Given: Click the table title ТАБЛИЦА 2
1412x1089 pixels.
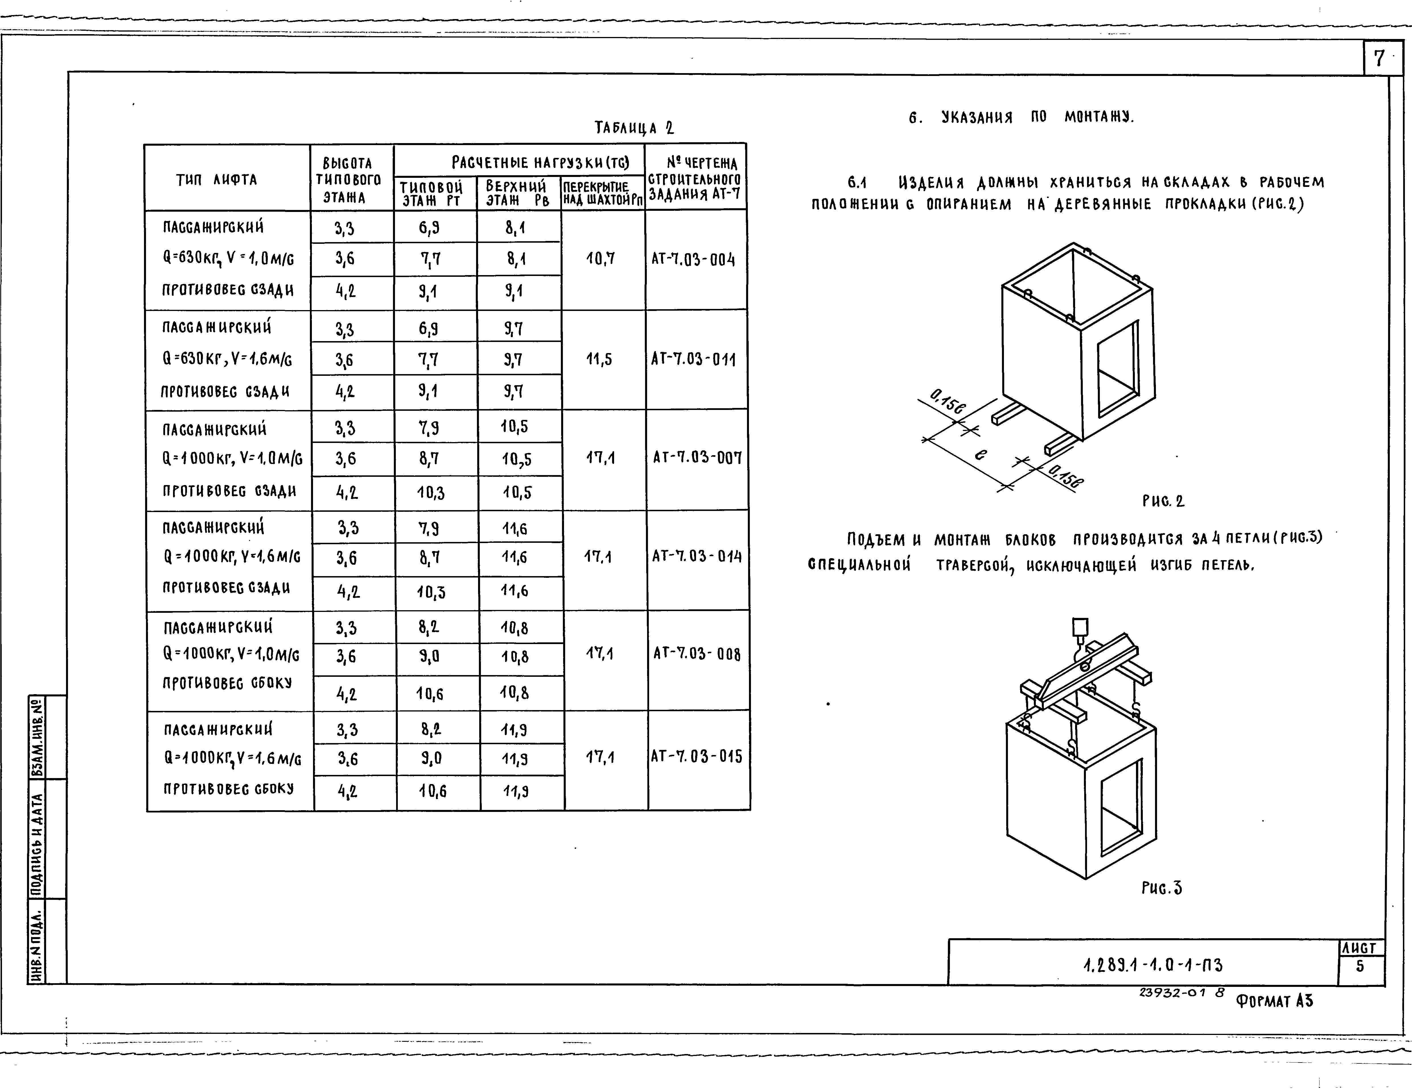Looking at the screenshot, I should coord(634,128).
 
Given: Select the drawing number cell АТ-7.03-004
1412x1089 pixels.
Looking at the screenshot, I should coord(693,260).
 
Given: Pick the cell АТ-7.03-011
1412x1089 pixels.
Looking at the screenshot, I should coord(693,359).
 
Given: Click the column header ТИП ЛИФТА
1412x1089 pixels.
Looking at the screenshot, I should coord(217,180).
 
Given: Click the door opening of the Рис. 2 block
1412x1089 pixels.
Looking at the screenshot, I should coord(1117,368).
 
